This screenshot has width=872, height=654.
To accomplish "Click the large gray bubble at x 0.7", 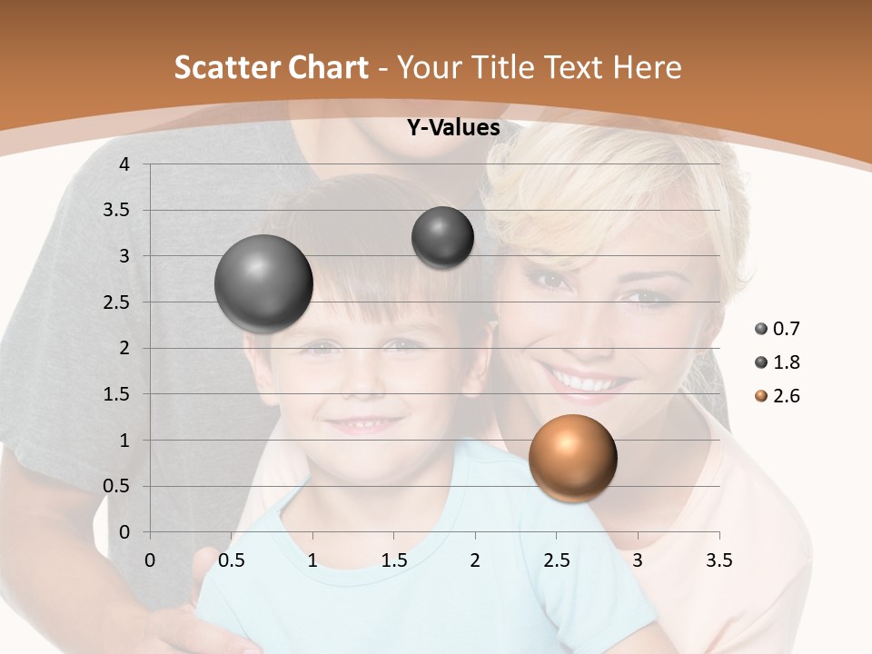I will (263, 283).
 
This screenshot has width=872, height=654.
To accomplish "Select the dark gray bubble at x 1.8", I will (442, 237).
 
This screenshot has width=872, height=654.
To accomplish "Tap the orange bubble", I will (572, 459).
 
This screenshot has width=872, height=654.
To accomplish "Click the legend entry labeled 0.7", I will (778, 329).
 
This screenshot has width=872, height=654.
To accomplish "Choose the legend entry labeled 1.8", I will (778, 362).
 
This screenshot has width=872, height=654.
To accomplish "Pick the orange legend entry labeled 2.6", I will (778, 396).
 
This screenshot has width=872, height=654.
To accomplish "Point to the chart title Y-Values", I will (452, 128).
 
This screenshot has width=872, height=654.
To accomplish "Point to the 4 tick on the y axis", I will (125, 164).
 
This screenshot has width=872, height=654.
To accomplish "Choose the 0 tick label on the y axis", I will (125, 532).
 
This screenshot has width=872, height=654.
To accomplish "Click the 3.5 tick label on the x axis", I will (718, 560).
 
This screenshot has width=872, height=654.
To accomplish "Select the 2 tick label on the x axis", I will (475, 560).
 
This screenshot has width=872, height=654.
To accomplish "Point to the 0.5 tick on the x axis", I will (232, 560).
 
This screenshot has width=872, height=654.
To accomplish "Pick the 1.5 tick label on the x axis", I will (393, 560).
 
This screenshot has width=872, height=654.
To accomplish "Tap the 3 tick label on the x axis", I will (638, 560).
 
